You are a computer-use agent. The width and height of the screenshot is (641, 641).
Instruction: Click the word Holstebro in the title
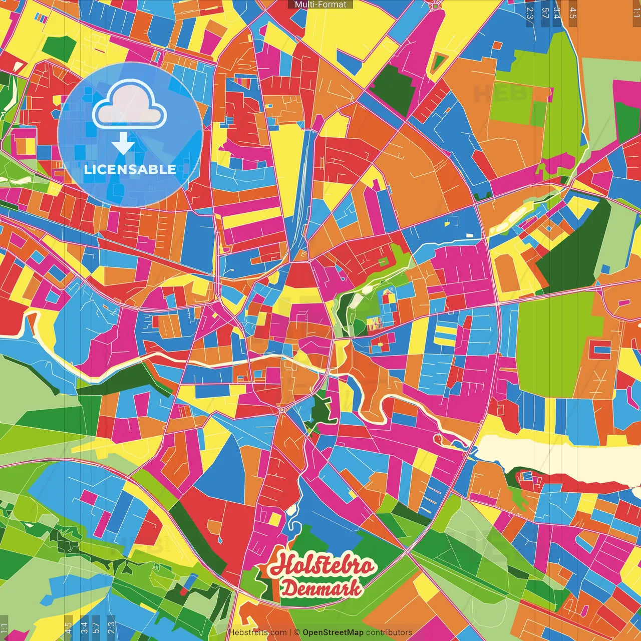coord(323,566)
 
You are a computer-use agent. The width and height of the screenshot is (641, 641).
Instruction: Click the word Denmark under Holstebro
coord(320,588)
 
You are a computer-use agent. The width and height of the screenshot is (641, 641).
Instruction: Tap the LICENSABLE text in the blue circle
coord(130,169)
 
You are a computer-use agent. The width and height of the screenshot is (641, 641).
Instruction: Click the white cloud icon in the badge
coord(130,106)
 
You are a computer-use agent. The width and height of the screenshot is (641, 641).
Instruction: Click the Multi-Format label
coord(320,5)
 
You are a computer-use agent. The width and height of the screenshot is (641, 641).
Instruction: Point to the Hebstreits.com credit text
coord(257,632)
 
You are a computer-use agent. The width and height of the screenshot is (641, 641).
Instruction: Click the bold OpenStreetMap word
coord(333,632)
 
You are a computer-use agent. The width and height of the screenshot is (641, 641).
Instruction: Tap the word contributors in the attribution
coord(389,632)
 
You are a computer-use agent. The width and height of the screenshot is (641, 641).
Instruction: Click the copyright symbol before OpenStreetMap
coord(297,632)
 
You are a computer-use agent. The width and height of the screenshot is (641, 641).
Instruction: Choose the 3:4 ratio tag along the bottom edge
coord(84,627)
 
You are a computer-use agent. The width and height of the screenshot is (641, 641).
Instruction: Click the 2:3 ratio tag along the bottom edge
coord(111,627)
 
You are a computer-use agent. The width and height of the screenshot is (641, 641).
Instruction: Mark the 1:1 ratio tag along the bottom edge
coord(5,627)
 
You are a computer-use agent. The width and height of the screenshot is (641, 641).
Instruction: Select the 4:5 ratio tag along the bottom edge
coord(68,627)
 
